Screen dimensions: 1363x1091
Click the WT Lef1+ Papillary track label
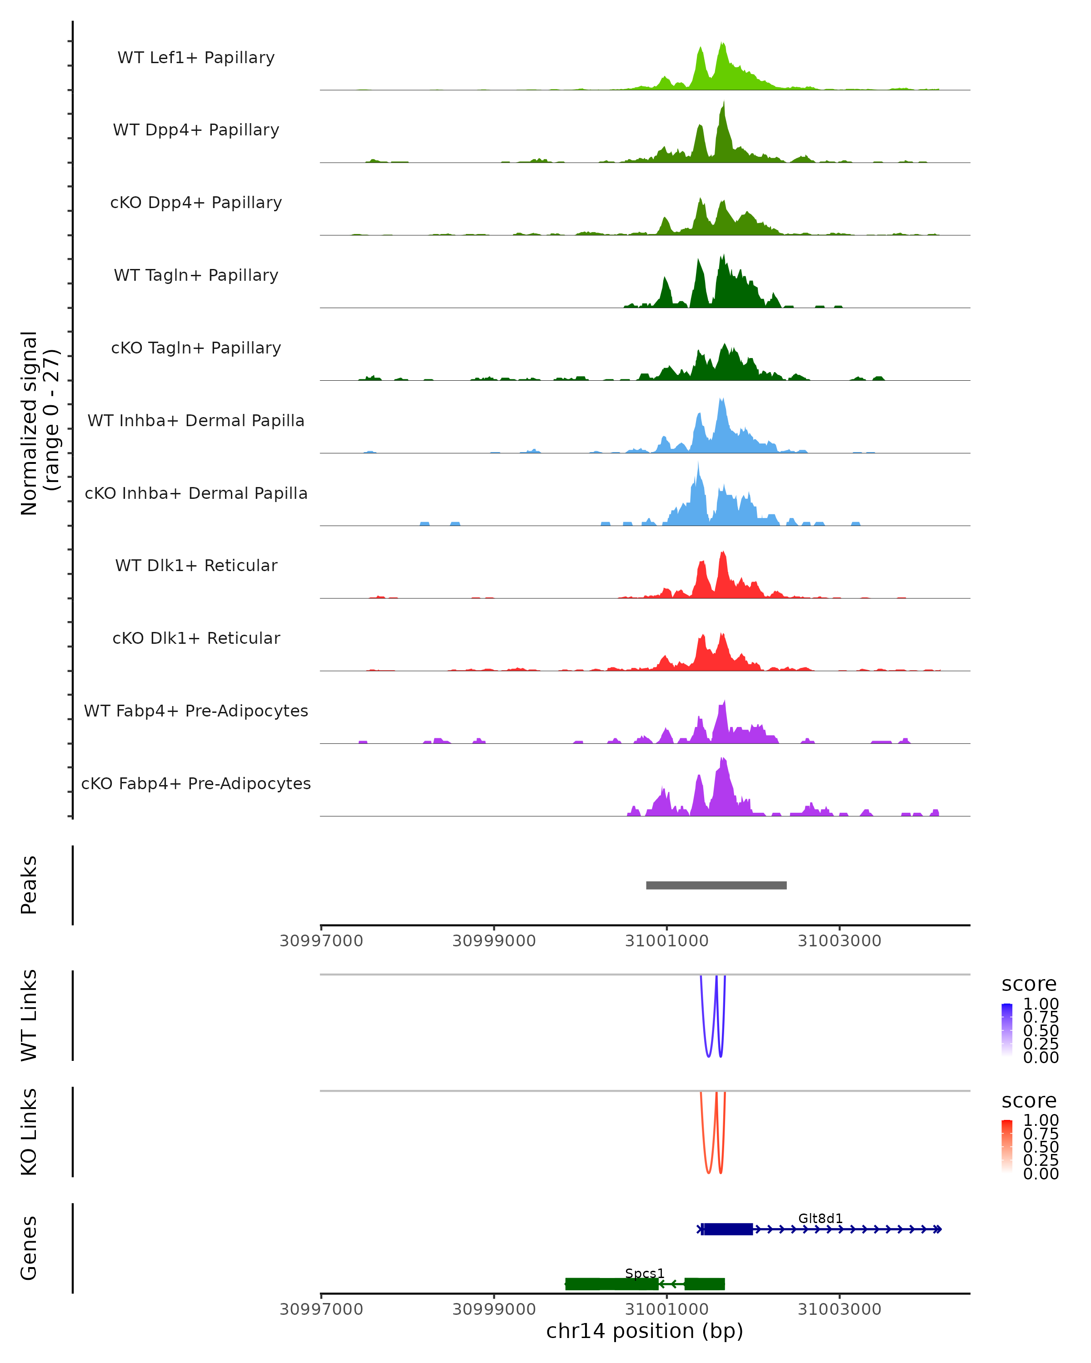coord(196,58)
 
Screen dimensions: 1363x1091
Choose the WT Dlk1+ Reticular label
coord(196,565)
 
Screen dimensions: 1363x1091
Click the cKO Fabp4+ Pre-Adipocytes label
coord(196,783)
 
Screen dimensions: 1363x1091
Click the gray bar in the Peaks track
coord(716,885)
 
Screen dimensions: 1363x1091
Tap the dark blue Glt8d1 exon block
coord(728,1229)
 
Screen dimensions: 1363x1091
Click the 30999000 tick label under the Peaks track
coord(494,941)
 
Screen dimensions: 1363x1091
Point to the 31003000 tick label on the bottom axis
coord(839,1309)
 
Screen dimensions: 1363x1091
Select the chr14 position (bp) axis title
coord(645,1331)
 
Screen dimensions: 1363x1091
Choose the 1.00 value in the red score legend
coord(1041,1120)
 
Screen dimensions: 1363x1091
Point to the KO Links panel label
coord(29,1132)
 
